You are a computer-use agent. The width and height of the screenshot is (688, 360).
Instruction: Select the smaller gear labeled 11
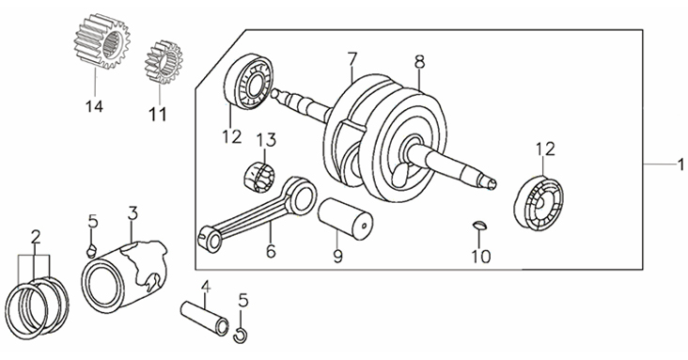pos(164,62)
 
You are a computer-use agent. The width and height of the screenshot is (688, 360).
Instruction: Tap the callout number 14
pos(94,106)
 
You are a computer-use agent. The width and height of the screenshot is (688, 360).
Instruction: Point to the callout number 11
pos(158,114)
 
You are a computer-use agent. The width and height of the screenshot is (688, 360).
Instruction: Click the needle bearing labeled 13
pos(258,177)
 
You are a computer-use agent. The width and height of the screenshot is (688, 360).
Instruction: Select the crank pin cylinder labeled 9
pos(345,220)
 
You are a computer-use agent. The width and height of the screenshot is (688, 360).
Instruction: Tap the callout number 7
pos(352,59)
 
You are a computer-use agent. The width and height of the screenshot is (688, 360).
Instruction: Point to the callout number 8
pos(419,62)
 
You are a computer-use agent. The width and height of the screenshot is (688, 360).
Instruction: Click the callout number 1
pos(680,165)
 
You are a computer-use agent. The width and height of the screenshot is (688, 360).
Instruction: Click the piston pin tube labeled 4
pos(205,318)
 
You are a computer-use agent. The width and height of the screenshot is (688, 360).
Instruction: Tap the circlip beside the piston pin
pos(241,335)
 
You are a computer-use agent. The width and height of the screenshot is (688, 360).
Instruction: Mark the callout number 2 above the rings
pos(36,238)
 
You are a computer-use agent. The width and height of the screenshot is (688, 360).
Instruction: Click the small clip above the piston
pos(92,251)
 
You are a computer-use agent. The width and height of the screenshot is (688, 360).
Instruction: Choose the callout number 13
pos(266,140)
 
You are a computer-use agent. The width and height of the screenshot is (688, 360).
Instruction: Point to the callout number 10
pos(481,257)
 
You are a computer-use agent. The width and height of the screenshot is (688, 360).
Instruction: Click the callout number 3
pos(133,213)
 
